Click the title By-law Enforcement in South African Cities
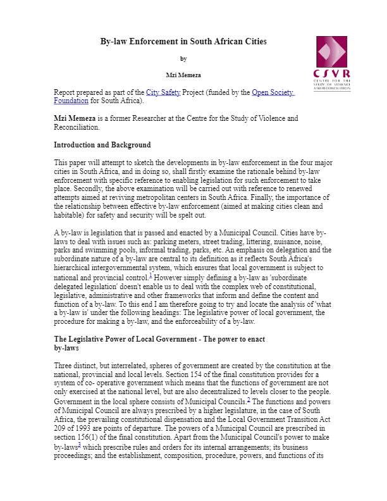pyautogui.click(x=183, y=42)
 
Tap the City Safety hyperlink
pyautogui.click(x=163, y=92)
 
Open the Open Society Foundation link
pyautogui.click(x=273, y=92)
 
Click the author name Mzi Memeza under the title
pyautogui.click(x=183, y=75)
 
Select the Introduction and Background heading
pyautogui.click(x=102, y=145)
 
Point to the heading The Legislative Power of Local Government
pyautogui.click(x=159, y=340)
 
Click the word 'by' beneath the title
pyautogui.click(x=183, y=59)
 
